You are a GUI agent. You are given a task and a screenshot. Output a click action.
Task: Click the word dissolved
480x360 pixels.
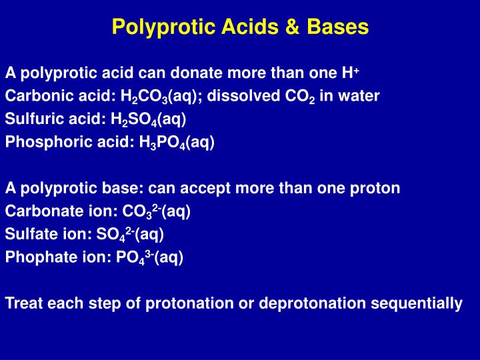(243, 96)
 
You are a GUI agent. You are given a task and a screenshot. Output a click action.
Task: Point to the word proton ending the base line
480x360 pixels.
(377, 188)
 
